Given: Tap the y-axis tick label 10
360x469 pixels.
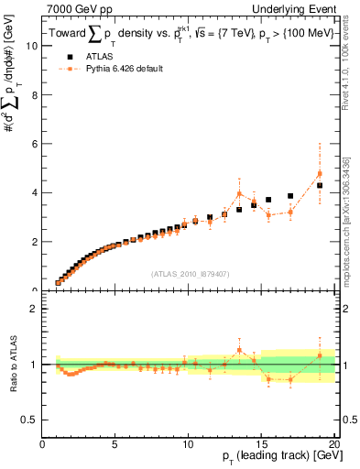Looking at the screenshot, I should (x=32, y=46).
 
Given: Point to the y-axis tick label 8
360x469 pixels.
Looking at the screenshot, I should (x=35, y=95).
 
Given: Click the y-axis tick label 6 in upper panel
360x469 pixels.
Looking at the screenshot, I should (x=35, y=144).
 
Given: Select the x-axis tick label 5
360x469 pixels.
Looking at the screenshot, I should (x=115, y=446).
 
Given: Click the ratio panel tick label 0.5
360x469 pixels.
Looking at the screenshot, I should (x=30, y=420).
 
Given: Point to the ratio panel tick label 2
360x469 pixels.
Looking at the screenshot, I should (x=35, y=309).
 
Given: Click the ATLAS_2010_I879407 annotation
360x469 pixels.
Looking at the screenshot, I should (x=189, y=272).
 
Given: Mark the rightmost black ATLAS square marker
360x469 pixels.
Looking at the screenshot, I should (x=320, y=185).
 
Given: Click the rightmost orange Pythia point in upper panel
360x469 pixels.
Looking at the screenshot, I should (x=320, y=173).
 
